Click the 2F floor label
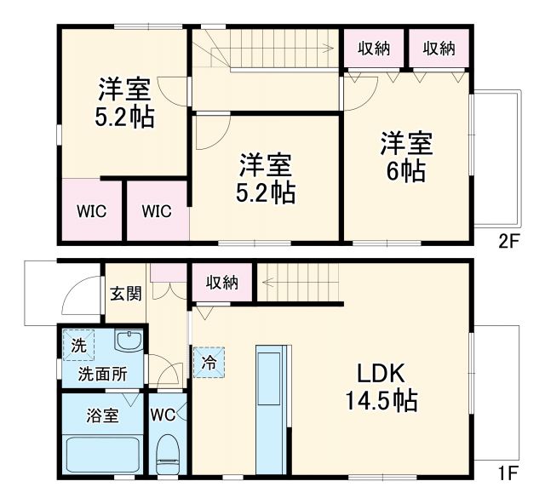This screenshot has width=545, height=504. [508, 241]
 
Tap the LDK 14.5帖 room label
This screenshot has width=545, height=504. [381, 387]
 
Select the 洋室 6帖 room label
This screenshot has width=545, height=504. [406, 156]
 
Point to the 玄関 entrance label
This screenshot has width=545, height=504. [125, 294]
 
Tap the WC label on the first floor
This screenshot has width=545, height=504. [163, 415]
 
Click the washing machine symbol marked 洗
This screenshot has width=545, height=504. [78, 346]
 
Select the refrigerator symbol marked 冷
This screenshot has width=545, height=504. [209, 361]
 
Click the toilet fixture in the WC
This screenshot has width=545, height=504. [168, 454]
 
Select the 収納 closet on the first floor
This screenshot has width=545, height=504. [221, 283]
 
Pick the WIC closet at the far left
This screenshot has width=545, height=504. [91, 210]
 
